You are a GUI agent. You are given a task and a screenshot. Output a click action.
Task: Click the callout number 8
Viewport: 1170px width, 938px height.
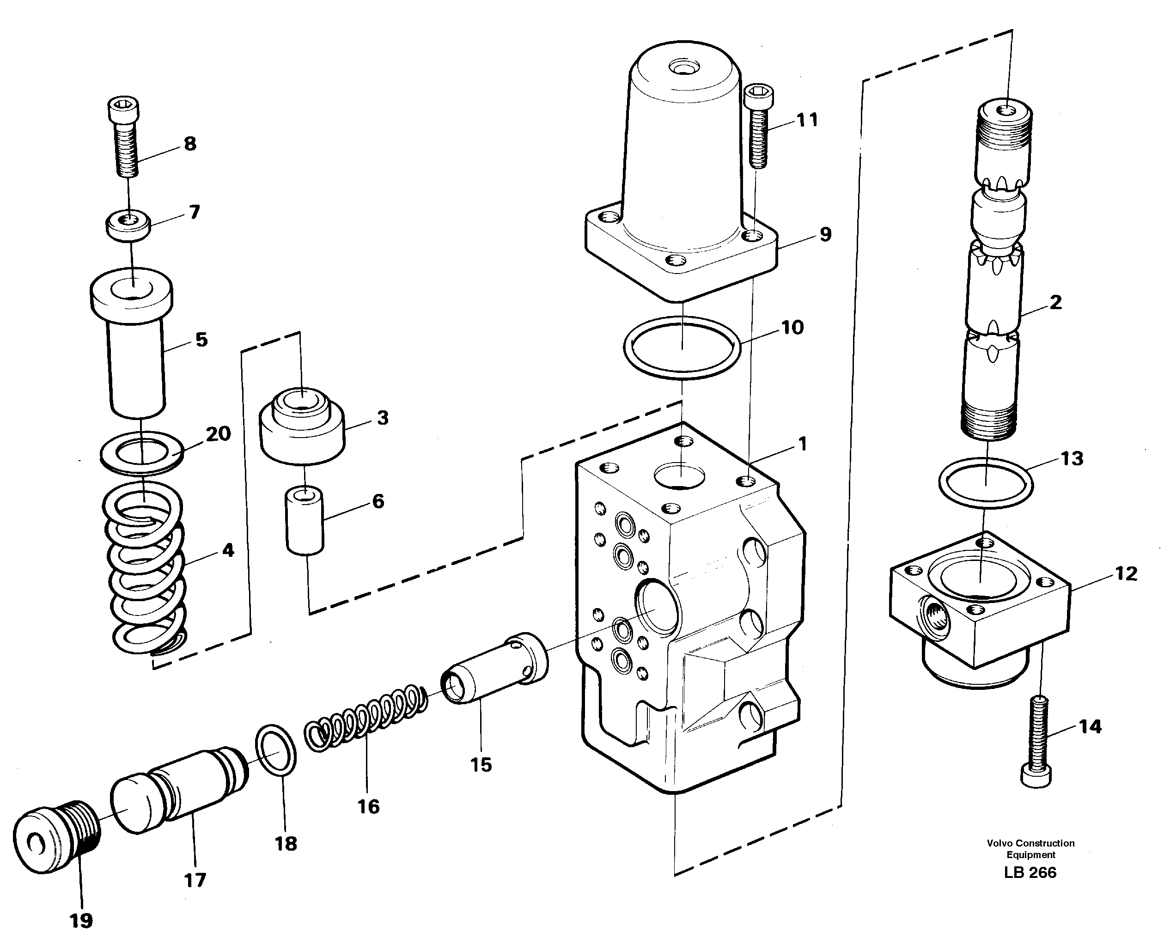pos(190,144)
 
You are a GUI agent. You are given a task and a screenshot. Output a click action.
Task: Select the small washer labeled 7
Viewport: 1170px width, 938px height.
pos(128,224)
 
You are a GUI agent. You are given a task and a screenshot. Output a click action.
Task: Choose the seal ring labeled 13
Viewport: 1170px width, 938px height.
pos(986,483)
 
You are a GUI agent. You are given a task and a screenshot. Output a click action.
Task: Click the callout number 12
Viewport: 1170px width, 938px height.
pos(1126,573)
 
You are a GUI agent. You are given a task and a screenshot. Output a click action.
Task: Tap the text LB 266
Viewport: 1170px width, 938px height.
pos(1030,872)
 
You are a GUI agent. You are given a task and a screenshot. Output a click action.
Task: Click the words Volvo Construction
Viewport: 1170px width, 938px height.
pos(1030,843)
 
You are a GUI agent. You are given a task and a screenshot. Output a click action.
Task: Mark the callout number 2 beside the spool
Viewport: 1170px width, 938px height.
pos(1055,302)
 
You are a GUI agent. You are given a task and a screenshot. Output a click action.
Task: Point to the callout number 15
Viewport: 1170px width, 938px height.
pos(481,765)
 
